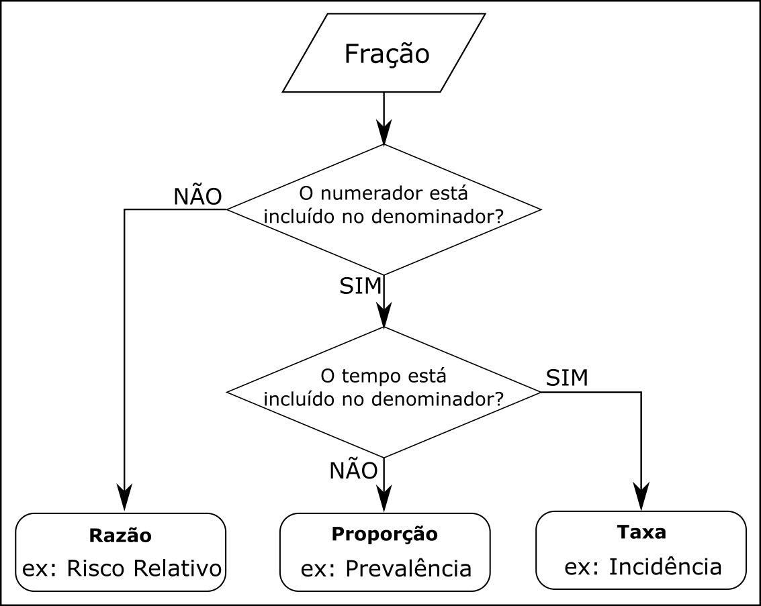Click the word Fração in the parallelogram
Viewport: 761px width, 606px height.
[386, 54]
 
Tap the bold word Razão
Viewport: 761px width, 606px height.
[120, 536]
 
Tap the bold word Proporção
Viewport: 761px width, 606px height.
[384, 534]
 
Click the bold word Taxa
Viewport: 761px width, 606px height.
[641, 532]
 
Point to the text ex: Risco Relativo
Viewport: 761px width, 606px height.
[122, 568]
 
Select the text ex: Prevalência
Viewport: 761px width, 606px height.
[386, 568]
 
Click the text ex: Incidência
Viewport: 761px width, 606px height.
[643, 567]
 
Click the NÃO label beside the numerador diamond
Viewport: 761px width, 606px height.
[197, 196]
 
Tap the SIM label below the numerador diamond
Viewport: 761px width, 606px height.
[360, 286]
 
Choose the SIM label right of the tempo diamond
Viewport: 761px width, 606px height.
[567, 378]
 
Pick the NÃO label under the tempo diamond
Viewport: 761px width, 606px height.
[353, 471]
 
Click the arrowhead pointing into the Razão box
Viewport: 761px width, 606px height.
[125, 500]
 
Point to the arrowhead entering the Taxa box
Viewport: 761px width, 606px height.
[641, 499]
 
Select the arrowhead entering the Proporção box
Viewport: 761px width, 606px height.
[384, 501]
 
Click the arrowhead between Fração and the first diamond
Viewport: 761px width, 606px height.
[384, 133]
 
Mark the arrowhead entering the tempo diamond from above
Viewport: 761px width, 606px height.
[384, 315]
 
